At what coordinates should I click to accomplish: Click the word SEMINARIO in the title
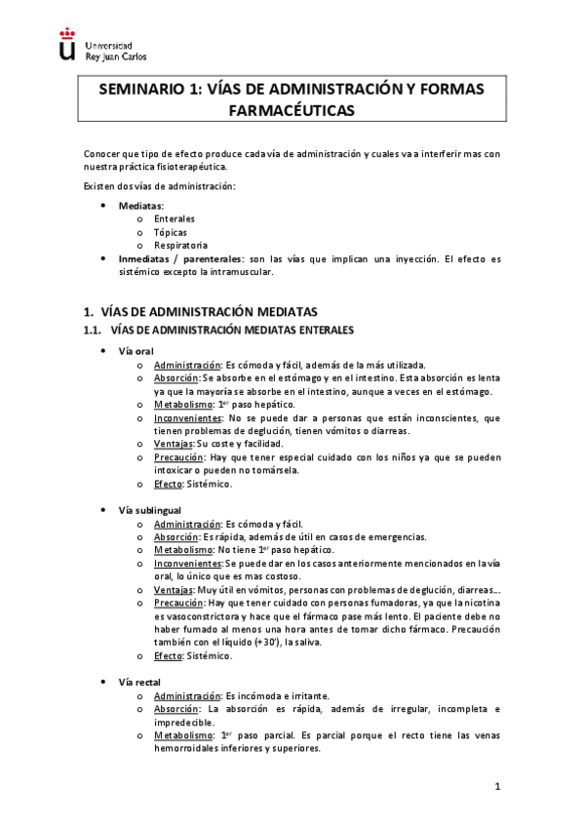[141, 90]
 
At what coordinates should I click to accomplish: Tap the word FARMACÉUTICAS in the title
[291, 111]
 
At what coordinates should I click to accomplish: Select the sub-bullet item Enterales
[175, 219]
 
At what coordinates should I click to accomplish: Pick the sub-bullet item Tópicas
[171, 232]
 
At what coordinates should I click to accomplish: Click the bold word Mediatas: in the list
[141, 206]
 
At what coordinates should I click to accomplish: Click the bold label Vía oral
[136, 350]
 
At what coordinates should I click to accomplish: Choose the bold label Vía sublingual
[149, 510]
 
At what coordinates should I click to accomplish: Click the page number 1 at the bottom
[496, 785]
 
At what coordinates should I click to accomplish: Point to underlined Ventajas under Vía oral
[174, 444]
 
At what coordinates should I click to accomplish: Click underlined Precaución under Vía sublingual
[179, 604]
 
